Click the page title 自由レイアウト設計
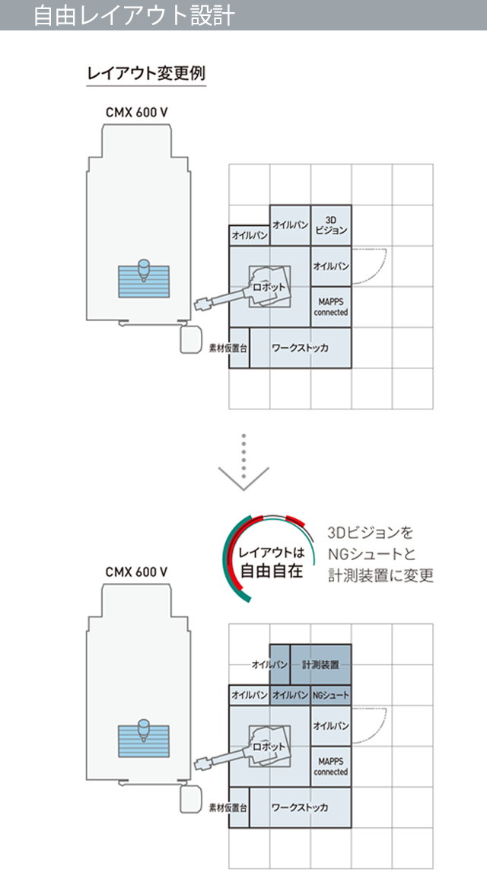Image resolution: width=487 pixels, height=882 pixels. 134,15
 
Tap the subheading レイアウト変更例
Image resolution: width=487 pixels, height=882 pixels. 146,74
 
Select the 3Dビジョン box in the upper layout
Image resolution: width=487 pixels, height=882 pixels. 331,225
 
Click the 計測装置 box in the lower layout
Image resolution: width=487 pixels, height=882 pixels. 320,664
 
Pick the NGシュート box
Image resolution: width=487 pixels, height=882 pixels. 331,696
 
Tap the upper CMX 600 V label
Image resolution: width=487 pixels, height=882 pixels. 137,113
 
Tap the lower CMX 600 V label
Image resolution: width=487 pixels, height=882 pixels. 137,572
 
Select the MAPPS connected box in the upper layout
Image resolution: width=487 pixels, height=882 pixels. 331,307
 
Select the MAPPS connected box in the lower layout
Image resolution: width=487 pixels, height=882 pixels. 331,766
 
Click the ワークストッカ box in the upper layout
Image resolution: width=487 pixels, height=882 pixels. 301,348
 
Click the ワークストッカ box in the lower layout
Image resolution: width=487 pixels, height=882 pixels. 301,807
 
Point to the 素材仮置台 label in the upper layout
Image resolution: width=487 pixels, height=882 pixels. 228,349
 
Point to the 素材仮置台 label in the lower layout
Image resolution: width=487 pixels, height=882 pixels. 228,808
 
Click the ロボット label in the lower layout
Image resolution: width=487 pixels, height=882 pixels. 269,747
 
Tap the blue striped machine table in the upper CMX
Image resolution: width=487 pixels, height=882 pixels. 143,282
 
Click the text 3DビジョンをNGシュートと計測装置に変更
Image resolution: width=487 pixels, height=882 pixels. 380,555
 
